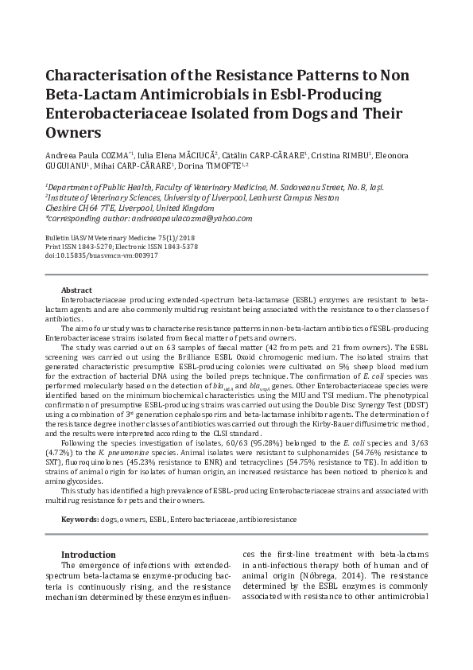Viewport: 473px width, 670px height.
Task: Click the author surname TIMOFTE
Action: (x=222, y=166)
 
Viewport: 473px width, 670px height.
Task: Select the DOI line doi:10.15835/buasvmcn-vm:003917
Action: (x=101, y=256)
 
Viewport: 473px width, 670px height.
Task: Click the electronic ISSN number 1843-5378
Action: (x=179, y=247)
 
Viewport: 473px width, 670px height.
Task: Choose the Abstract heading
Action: (x=76, y=290)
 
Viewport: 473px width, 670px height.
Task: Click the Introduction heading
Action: (x=88, y=555)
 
